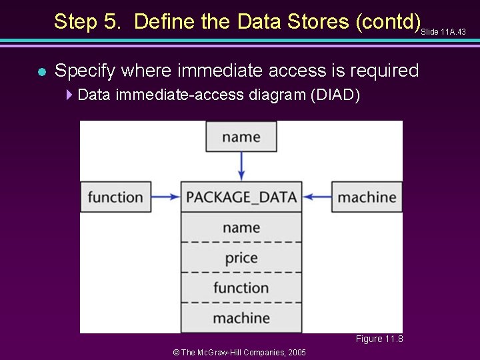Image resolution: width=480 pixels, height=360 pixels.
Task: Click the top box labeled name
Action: [x=241, y=137]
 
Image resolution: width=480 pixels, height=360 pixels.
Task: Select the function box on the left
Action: [x=115, y=197]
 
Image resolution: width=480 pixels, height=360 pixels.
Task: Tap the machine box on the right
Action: [x=367, y=197]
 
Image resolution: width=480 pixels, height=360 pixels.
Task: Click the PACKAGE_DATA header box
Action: [x=241, y=197]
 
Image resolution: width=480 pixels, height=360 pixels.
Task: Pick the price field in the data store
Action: [x=241, y=257]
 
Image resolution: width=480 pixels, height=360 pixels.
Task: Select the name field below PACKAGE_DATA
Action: [x=241, y=227]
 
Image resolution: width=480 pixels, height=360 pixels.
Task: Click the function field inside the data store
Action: [x=241, y=287]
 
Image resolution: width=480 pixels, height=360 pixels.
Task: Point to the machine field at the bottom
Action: [x=241, y=318]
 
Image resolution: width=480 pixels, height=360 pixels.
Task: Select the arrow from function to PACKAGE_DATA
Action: [x=165, y=197]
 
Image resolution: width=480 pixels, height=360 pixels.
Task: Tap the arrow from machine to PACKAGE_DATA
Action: [x=317, y=197]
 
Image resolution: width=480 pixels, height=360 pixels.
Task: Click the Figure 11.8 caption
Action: [x=379, y=339]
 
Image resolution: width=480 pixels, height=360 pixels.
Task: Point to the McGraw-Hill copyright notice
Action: [x=239, y=352]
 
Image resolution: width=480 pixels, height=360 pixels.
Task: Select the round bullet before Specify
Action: [x=41, y=71]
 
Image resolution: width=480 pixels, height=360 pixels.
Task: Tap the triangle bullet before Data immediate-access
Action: [x=71, y=95]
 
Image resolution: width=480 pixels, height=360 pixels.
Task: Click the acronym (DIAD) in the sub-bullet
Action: [x=335, y=95]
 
